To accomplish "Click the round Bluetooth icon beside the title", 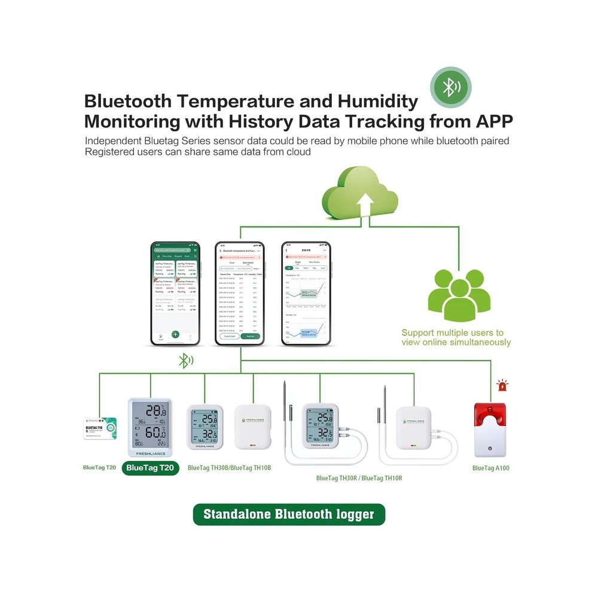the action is (451, 87).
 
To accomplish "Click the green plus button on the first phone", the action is (175, 334).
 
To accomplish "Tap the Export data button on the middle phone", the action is (228, 336).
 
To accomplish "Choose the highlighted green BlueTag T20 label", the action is (151, 468).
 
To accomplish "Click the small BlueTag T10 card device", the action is (100, 428).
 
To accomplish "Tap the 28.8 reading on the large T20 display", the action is (155, 411).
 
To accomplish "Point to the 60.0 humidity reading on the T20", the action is (155, 432).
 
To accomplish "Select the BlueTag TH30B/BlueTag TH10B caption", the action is (229, 468).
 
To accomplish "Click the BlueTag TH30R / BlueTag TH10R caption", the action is (359, 478).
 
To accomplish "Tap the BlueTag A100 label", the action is (490, 468).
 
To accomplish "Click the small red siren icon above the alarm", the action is (502, 386).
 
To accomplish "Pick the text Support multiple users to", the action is (453, 332).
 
